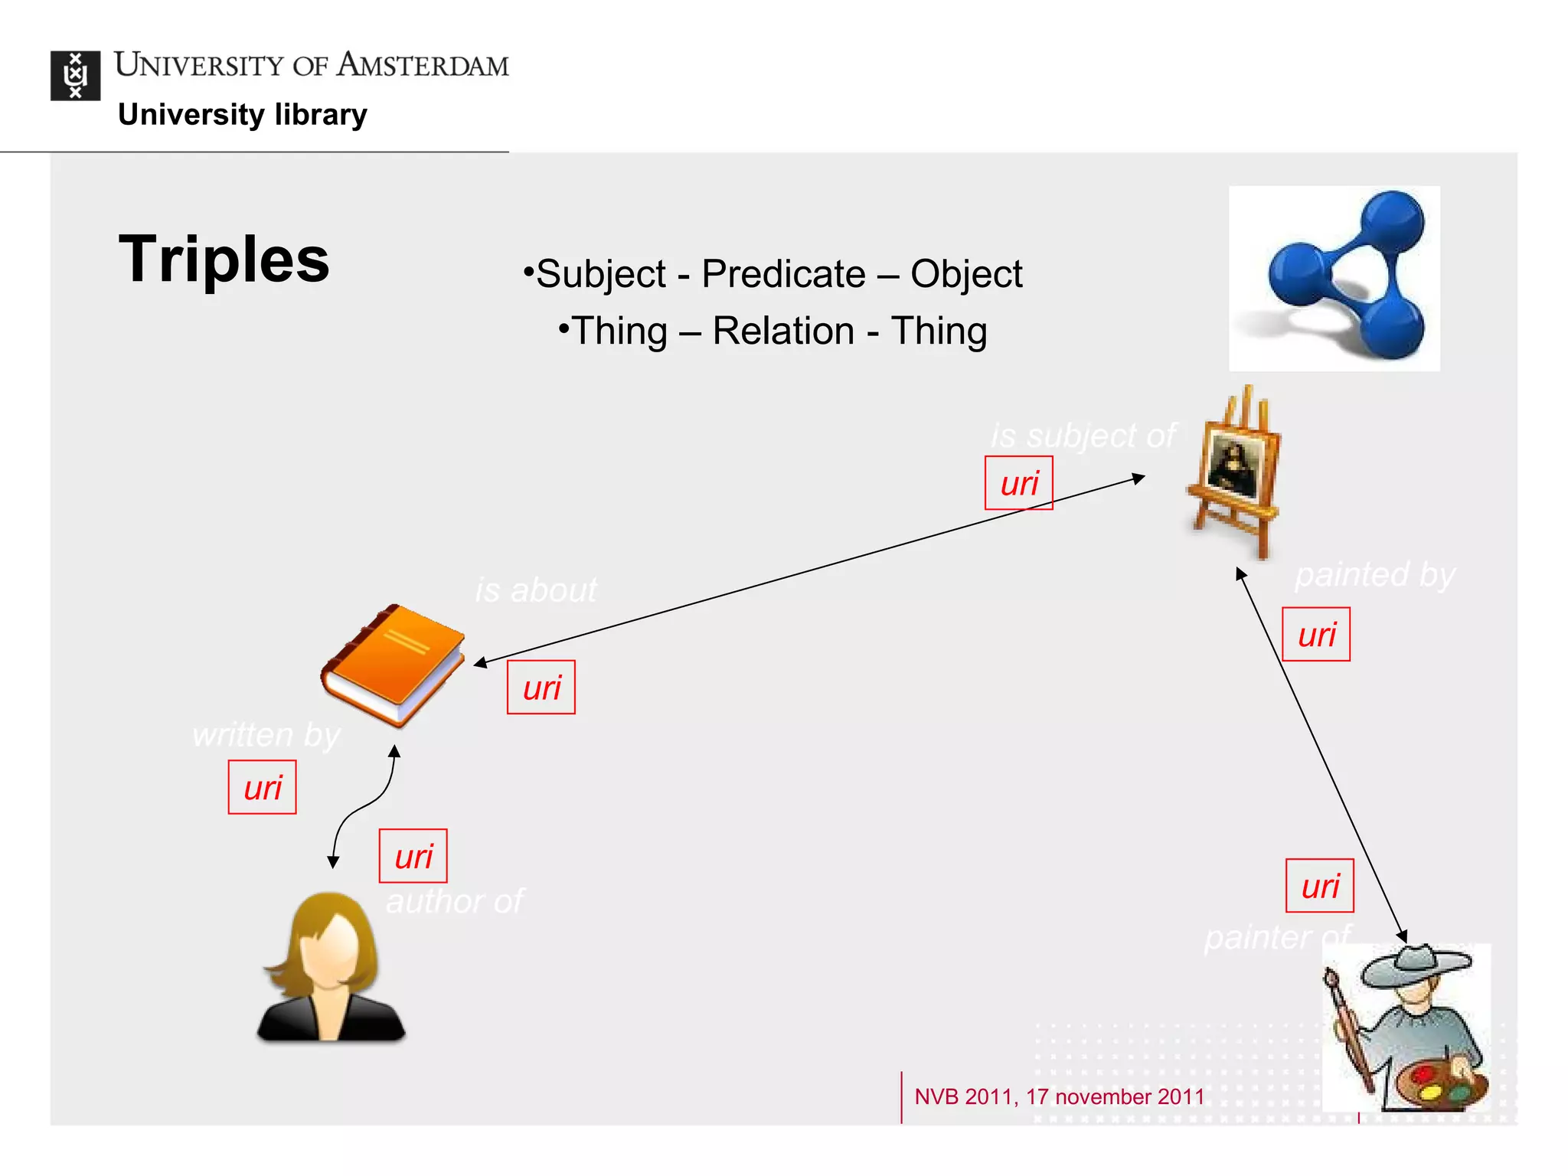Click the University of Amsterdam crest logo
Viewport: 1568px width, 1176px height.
coord(75,75)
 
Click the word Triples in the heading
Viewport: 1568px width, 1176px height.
coord(224,260)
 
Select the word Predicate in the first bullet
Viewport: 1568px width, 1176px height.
coord(782,274)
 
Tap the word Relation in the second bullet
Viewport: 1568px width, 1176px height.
coord(782,332)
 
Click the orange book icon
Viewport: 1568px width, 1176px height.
coord(393,665)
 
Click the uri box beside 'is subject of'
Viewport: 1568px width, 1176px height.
coord(1018,483)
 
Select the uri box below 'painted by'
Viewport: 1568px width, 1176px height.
coord(1315,635)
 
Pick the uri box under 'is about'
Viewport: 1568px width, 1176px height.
coord(541,688)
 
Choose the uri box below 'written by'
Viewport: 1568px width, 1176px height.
coord(262,788)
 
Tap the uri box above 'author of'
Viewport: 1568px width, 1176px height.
coord(413,856)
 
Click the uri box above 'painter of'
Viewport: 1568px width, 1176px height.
coord(1319,886)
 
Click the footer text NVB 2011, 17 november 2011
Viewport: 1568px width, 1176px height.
coord(1059,1096)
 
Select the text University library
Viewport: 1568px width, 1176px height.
coord(242,115)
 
